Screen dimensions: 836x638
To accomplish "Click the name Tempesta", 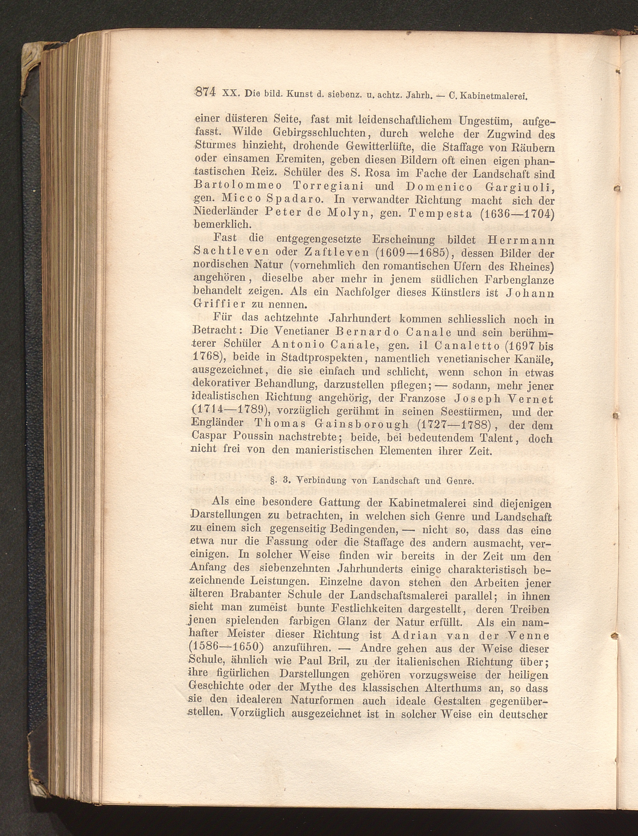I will coord(440,213).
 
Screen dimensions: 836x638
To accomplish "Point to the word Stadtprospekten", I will coord(323,358).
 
